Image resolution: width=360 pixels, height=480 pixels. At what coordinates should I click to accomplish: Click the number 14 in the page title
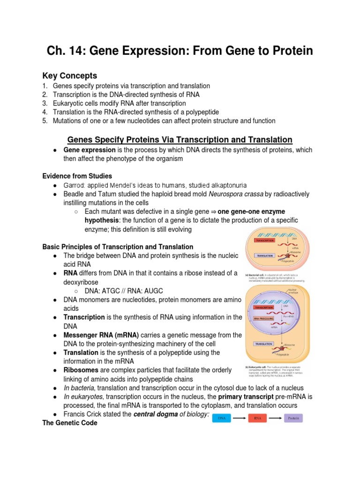[76, 51]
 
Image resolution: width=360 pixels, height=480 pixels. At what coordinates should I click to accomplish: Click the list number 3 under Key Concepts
[45, 103]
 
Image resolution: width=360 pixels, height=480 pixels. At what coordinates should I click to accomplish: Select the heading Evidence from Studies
[77, 176]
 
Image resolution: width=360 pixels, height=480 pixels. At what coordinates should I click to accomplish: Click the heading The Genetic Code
[70, 423]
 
